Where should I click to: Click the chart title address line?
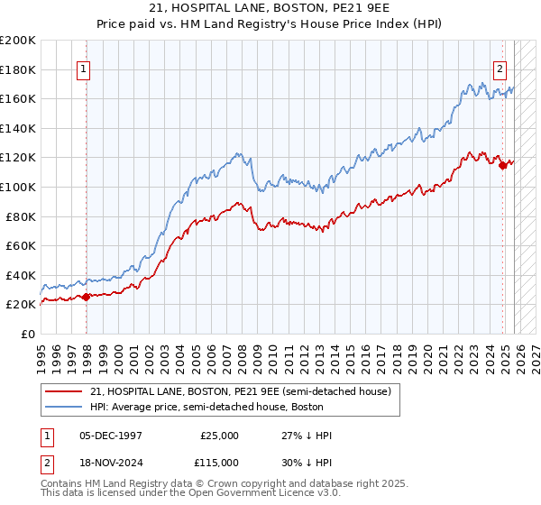click(x=270, y=10)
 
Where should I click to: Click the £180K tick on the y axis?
click(x=18, y=69)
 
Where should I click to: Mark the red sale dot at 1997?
click(x=87, y=297)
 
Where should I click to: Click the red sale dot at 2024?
click(x=502, y=164)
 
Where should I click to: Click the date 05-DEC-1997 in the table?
click(x=111, y=436)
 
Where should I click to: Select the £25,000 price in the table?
click(x=220, y=436)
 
